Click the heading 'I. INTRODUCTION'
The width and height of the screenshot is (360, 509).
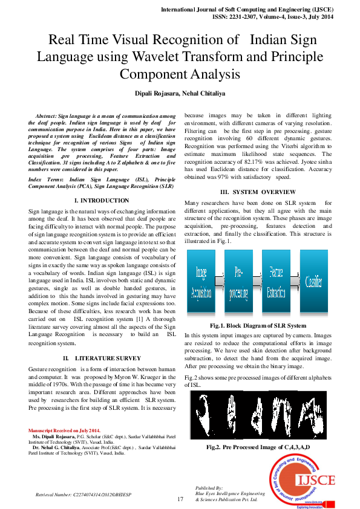tap(101, 200)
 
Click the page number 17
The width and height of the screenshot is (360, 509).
tap(180, 499)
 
